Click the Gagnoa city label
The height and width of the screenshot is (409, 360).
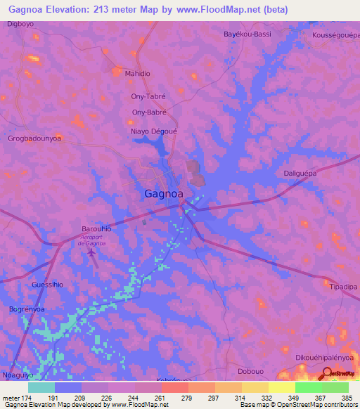pos(164,193)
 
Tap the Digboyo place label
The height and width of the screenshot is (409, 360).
pos(20,24)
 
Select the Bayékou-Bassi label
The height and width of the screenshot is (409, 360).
pos(247,34)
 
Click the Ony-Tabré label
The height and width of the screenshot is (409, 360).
pos(148,98)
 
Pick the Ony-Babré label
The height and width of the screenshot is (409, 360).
pos(149,112)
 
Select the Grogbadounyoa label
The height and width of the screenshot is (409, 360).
pos(34,138)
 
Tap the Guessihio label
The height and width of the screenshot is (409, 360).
pos(48,285)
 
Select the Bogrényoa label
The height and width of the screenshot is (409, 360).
pos(27,309)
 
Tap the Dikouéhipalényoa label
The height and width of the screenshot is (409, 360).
pos(324,357)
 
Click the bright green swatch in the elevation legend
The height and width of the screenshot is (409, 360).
pos(308,387)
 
